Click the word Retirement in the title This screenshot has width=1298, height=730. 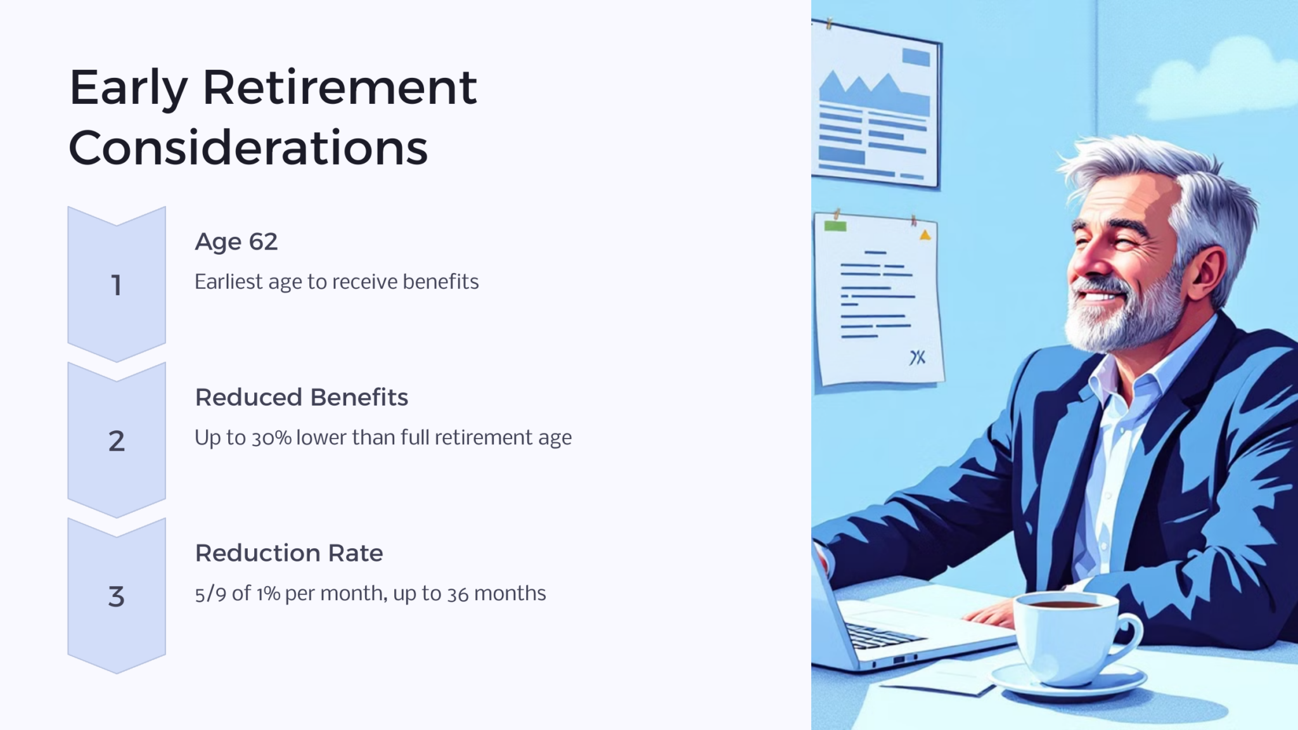[x=339, y=87]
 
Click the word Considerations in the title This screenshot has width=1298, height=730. [x=248, y=148]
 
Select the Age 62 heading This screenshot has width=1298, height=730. [x=236, y=241]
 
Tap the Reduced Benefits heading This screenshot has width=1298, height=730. [x=301, y=397]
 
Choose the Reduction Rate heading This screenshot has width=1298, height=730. [x=288, y=553]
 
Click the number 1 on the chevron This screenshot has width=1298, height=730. [x=116, y=285]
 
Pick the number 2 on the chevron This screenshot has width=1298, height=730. [x=116, y=441]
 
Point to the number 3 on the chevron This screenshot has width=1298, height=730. [x=116, y=597]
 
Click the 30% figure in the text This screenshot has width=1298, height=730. [x=271, y=438]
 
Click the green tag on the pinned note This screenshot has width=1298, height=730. [x=835, y=226]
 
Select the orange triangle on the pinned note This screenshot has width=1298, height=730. [x=925, y=235]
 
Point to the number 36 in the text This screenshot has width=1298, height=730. [x=458, y=594]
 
